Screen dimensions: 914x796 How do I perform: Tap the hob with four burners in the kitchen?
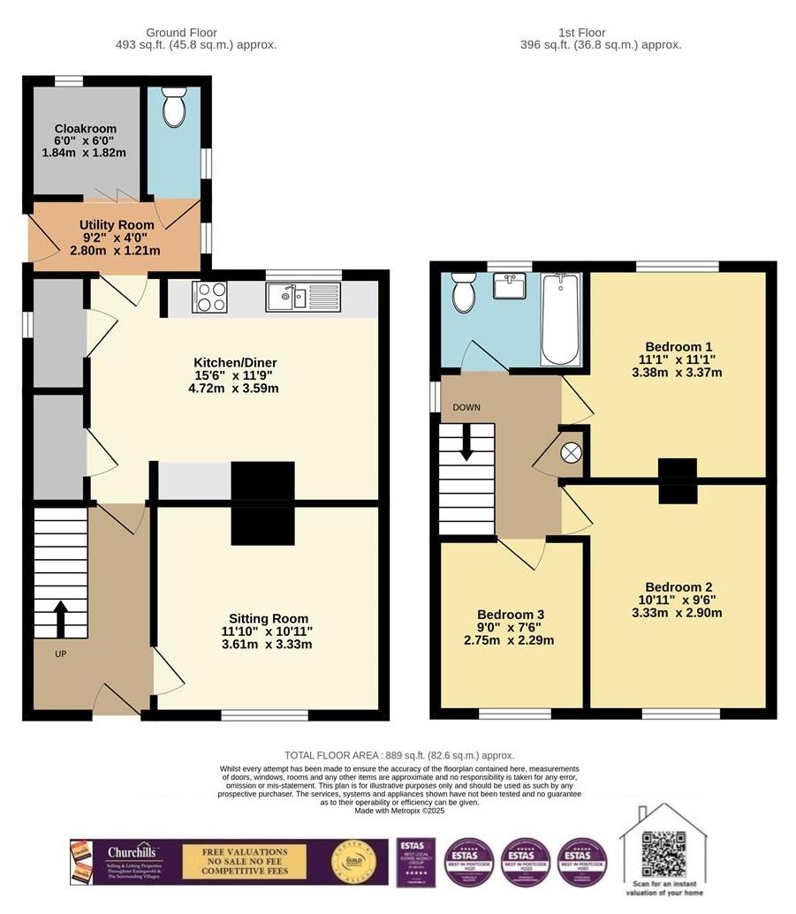pos(208,297)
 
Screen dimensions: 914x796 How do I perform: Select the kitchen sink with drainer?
pos(302,297)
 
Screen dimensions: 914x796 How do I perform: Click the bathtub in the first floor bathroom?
pos(560,319)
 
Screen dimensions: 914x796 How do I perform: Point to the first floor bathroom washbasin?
pos(509,288)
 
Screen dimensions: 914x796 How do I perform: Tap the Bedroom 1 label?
pos(678,346)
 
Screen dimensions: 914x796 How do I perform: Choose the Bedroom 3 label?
pos(510,615)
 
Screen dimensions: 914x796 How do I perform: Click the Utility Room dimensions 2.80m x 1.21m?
pos(115,251)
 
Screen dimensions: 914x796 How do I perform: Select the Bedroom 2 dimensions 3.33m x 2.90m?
pos(677,613)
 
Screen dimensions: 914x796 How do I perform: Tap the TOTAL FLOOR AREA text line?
pos(398,755)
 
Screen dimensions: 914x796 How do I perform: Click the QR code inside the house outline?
pos(663,853)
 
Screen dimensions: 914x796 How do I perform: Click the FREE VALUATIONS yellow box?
pos(244,862)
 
